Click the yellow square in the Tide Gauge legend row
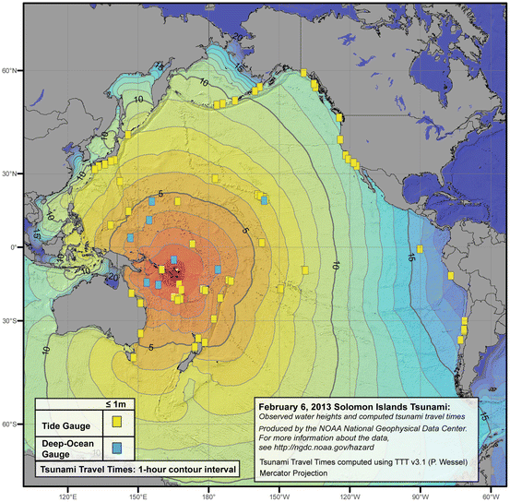[118, 422]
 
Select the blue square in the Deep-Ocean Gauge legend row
[118, 447]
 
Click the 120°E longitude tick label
[66, 496]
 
